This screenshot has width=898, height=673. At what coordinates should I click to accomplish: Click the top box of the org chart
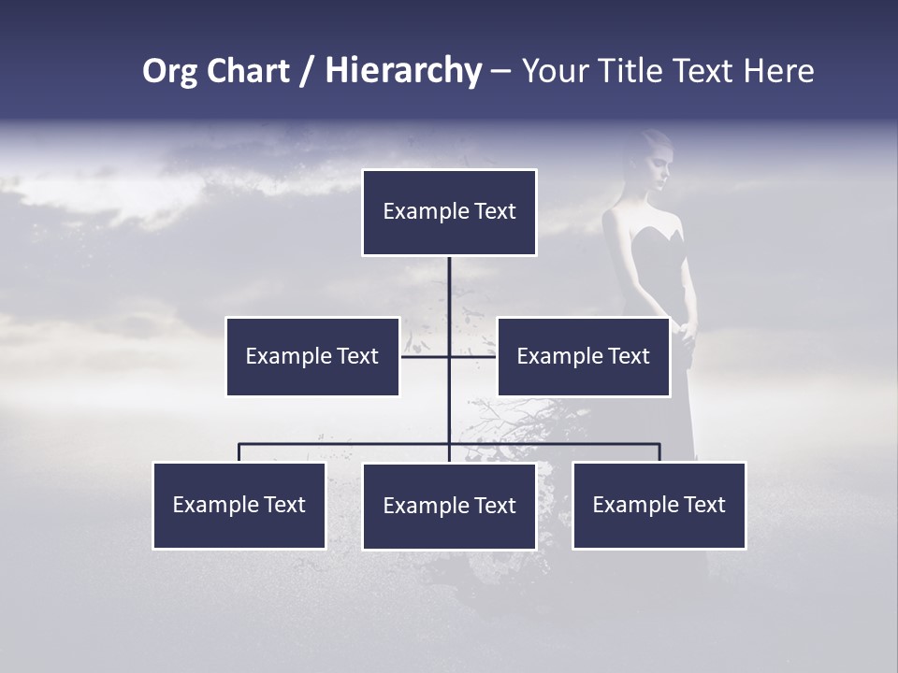tap(449, 212)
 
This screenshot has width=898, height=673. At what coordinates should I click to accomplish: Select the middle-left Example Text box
tap(312, 356)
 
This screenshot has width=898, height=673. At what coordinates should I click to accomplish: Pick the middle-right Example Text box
tap(583, 356)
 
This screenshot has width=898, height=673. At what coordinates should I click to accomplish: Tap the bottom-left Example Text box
tap(239, 505)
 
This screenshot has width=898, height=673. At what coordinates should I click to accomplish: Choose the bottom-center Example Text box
tap(449, 506)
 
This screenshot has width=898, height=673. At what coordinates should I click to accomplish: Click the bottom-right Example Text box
tap(659, 505)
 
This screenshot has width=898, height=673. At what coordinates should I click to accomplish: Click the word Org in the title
tap(169, 71)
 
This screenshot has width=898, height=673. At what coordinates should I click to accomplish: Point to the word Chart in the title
tap(246, 71)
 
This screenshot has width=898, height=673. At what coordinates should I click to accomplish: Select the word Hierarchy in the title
tap(403, 71)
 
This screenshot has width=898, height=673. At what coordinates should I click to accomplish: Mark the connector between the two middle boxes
tap(449, 356)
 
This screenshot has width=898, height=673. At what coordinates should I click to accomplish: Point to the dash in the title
tap(500, 71)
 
